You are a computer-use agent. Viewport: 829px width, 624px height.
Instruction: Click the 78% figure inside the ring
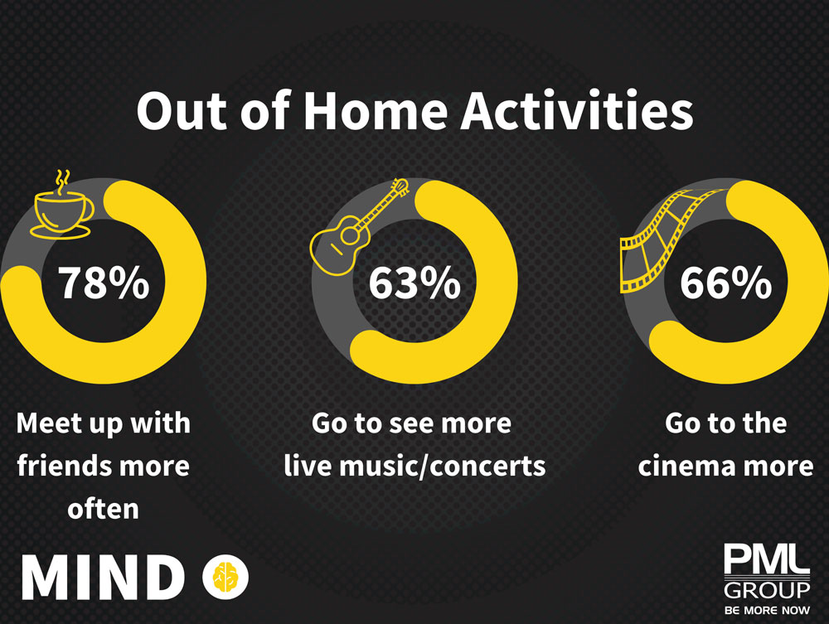[x=104, y=283]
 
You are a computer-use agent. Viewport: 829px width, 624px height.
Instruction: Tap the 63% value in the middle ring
[x=414, y=283]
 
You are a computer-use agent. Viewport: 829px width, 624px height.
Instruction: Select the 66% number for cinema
[x=725, y=283]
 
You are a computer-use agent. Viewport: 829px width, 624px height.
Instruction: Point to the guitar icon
[x=358, y=227]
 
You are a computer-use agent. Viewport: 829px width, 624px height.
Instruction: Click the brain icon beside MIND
[x=225, y=577]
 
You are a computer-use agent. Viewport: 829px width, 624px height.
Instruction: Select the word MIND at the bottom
[x=104, y=578]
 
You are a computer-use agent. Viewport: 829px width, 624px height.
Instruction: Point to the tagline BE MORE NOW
[x=767, y=610]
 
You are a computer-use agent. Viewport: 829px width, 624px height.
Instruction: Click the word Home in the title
[x=376, y=111]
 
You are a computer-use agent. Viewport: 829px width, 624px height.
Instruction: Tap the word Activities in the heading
[x=577, y=111]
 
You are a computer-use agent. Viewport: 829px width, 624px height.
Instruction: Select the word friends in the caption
[x=62, y=466]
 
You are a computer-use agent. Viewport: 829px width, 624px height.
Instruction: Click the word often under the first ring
[x=103, y=508]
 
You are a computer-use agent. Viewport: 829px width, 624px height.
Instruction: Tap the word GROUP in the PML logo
[x=767, y=591]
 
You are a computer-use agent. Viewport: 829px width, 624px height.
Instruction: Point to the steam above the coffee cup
[x=62, y=181]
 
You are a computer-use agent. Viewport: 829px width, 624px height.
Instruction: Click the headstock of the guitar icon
[x=400, y=186]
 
